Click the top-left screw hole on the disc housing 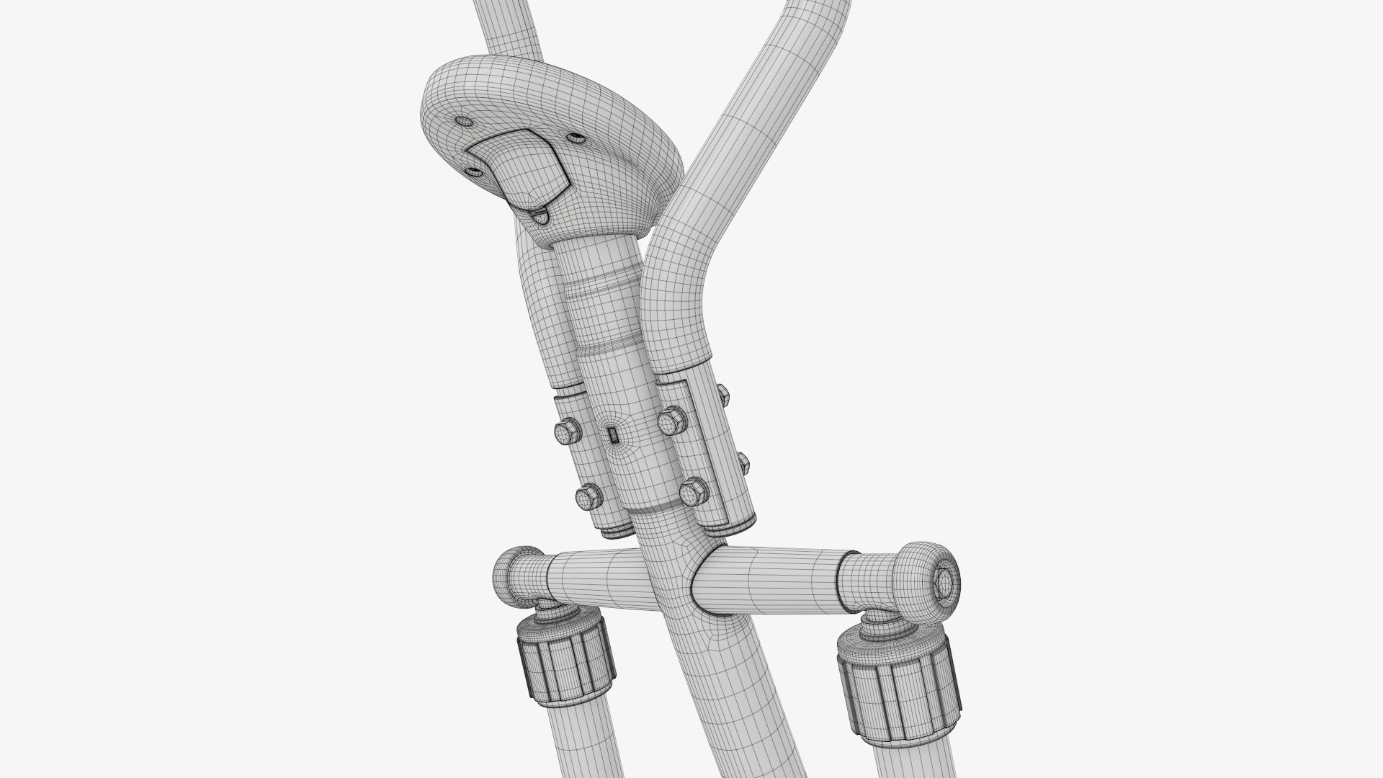[x=461, y=120]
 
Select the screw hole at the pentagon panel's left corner [x=473, y=171]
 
